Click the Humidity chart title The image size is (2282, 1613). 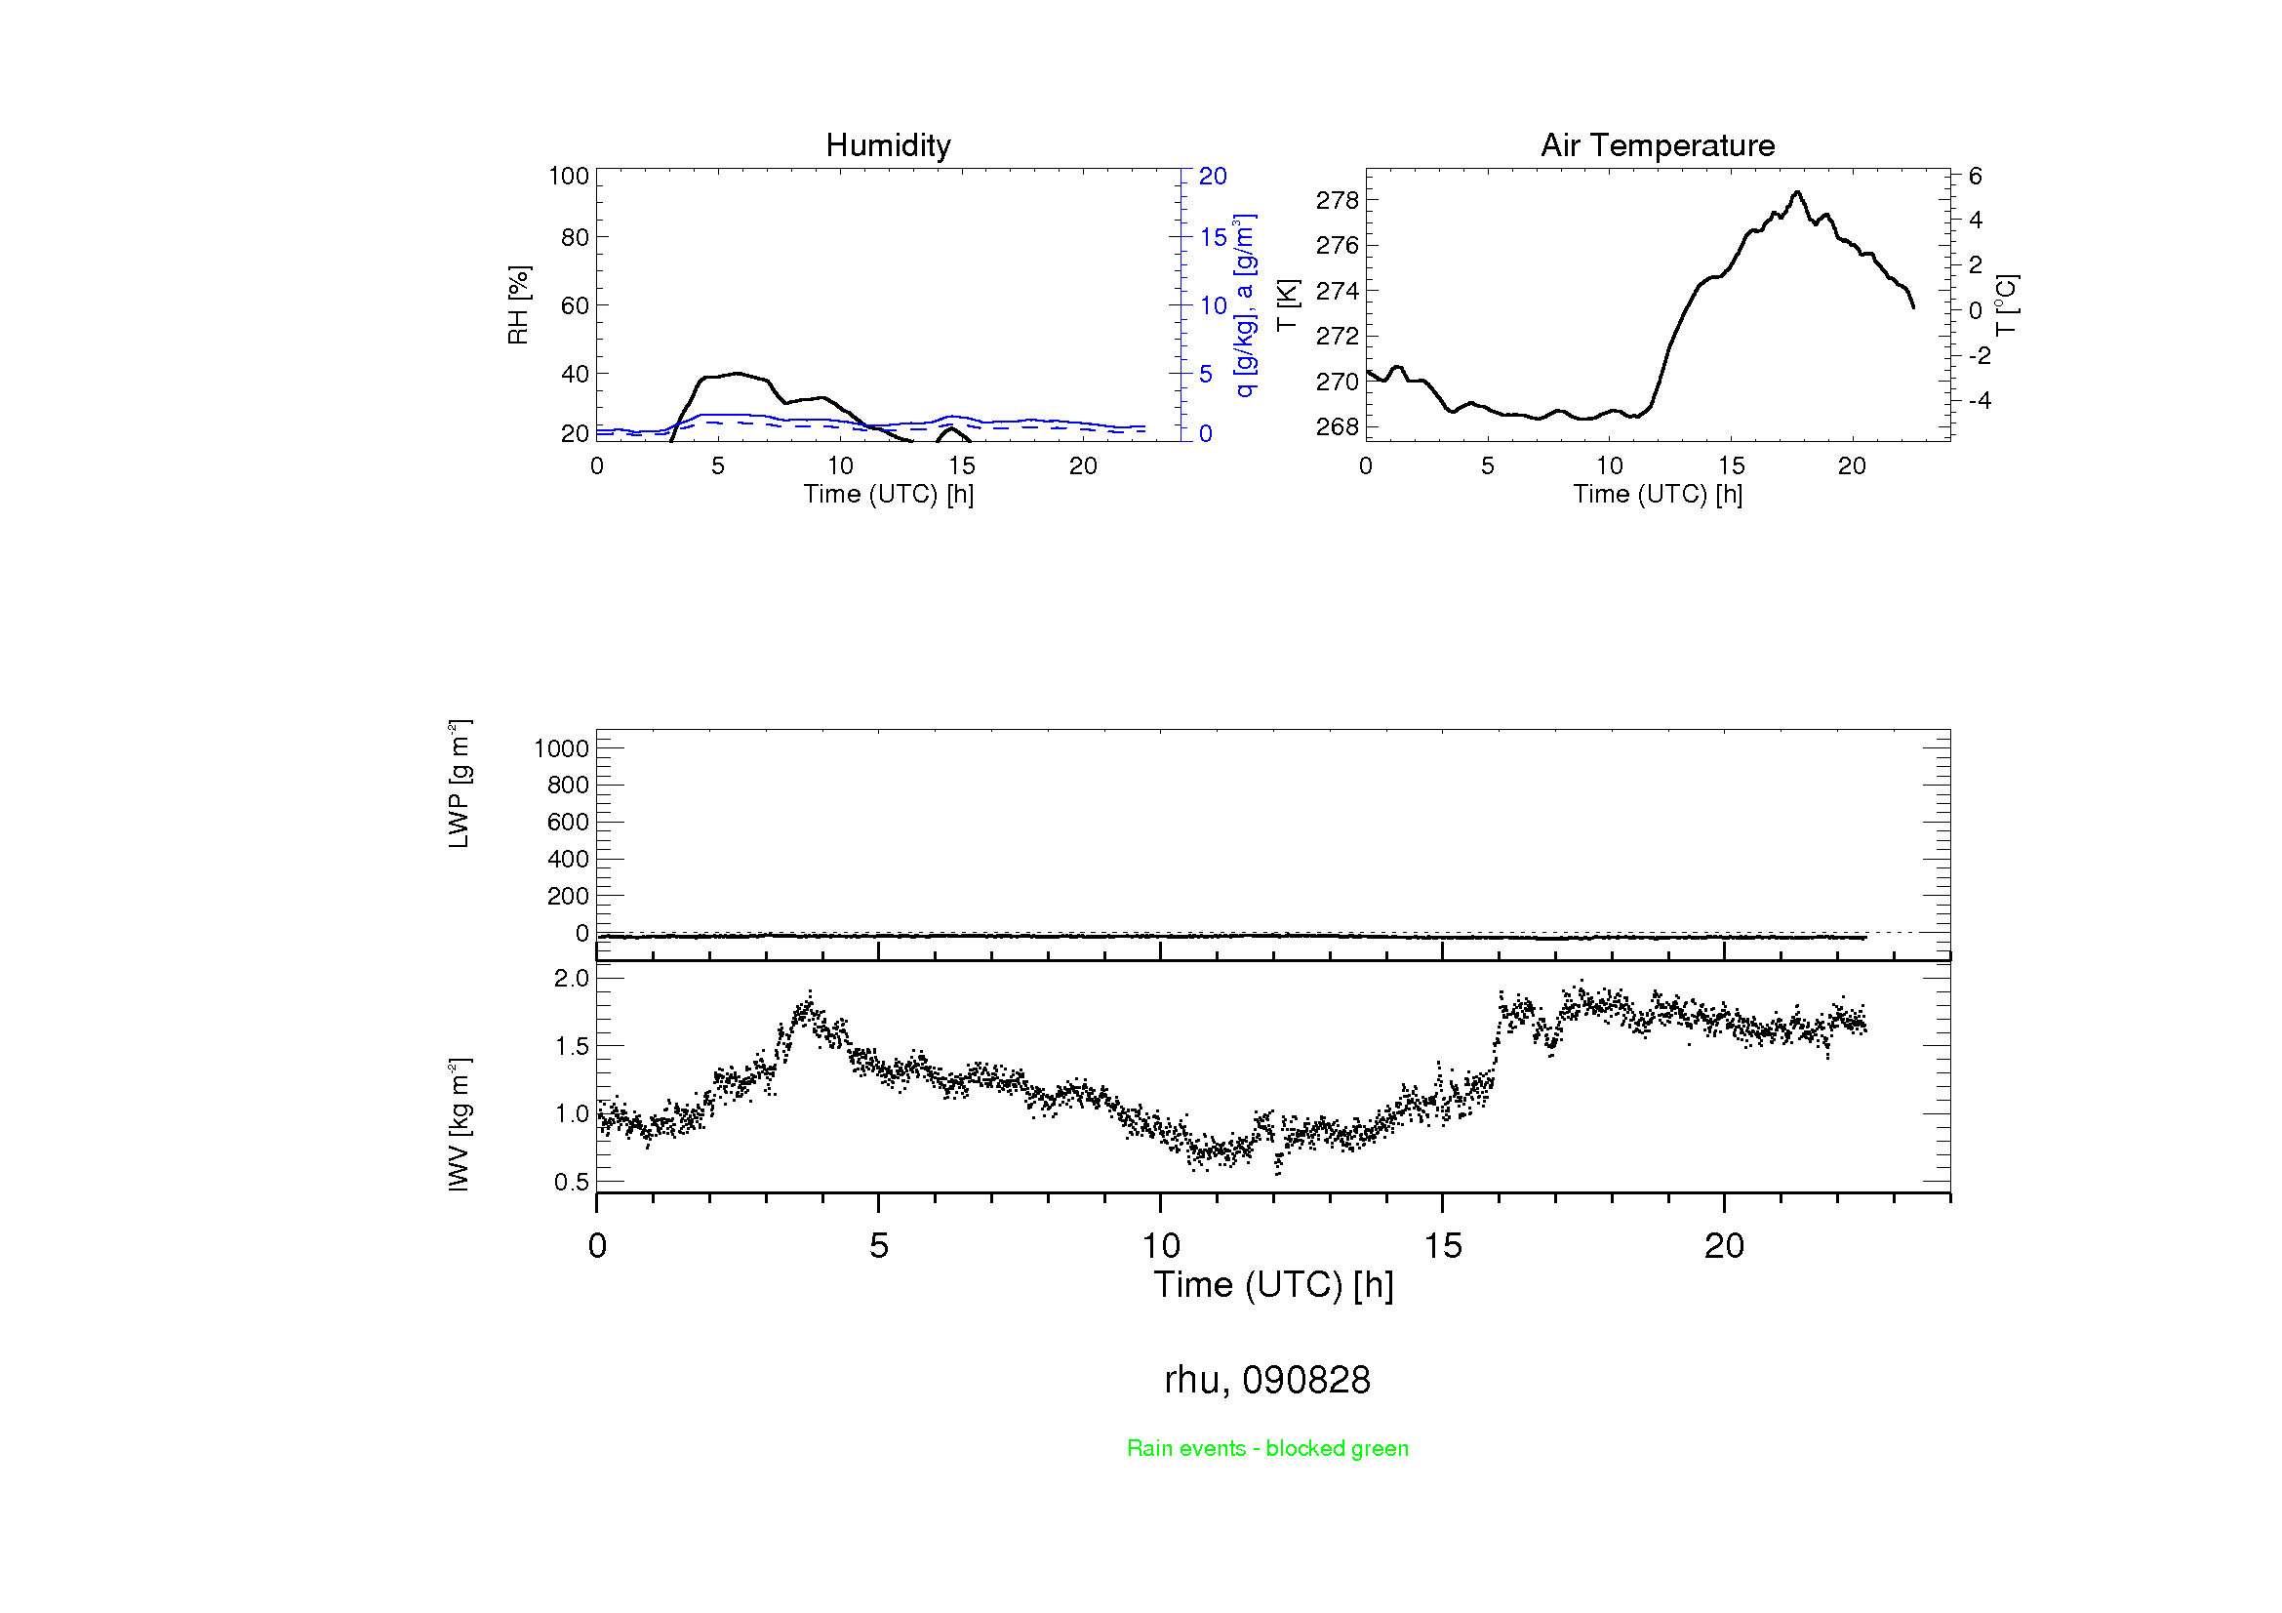click(888, 145)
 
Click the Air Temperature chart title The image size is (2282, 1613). click(1657, 145)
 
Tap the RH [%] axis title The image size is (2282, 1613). click(518, 305)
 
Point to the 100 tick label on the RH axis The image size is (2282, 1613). click(569, 176)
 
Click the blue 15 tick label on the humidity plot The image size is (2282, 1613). click(1213, 237)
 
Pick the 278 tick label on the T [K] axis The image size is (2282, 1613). click(1336, 200)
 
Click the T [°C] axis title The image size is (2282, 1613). click(2006, 305)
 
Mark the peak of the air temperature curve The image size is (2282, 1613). click(1797, 192)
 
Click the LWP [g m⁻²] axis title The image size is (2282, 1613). click(459, 785)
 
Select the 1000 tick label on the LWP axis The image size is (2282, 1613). click(562, 748)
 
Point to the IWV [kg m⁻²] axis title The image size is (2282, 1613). click(459, 1124)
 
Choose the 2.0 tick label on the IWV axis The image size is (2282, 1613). click(572, 978)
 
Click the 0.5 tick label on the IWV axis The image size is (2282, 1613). click(572, 1182)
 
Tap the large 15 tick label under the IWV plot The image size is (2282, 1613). click(1442, 1246)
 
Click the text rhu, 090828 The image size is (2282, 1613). click(1267, 1380)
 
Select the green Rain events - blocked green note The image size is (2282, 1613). click(1267, 1448)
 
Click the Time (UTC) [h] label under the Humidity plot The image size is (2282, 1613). click(888, 494)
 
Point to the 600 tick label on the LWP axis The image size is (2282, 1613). click(568, 822)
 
